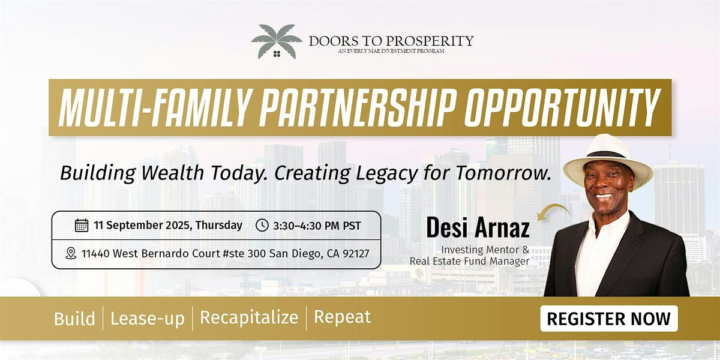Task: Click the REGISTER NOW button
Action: tap(609, 319)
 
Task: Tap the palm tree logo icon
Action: tap(277, 41)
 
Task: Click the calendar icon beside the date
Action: tap(82, 226)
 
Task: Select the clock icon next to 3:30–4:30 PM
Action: tap(262, 226)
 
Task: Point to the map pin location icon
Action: tap(71, 253)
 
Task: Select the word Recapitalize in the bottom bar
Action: tap(249, 317)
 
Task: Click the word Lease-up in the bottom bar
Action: tap(148, 318)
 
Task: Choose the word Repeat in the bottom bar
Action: tap(343, 317)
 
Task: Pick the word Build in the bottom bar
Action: tap(74, 319)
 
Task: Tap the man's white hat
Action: tap(607, 161)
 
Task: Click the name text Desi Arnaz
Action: tap(478, 227)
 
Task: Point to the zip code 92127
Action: tap(356, 254)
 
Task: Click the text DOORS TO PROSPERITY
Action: tap(391, 41)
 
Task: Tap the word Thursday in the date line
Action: tap(218, 225)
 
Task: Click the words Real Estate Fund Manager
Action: tap(469, 261)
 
